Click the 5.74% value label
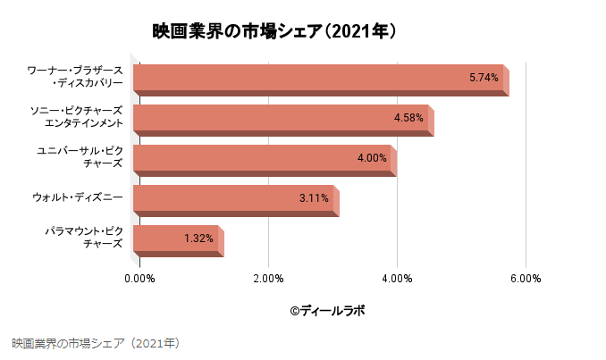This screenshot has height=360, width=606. (x=484, y=78)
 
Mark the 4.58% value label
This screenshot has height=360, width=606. (x=408, y=118)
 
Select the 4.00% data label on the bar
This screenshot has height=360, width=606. (x=371, y=158)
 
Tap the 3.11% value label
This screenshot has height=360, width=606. (x=314, y=198)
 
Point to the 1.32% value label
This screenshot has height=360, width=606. (x=198, y=239)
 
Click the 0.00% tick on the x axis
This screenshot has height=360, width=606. (x=139, y=279)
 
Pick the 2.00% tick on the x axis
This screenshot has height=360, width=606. (x=268, y=279)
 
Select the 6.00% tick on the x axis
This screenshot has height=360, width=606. (x=526, y=279)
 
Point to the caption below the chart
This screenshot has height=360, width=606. (x=97, y=342)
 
